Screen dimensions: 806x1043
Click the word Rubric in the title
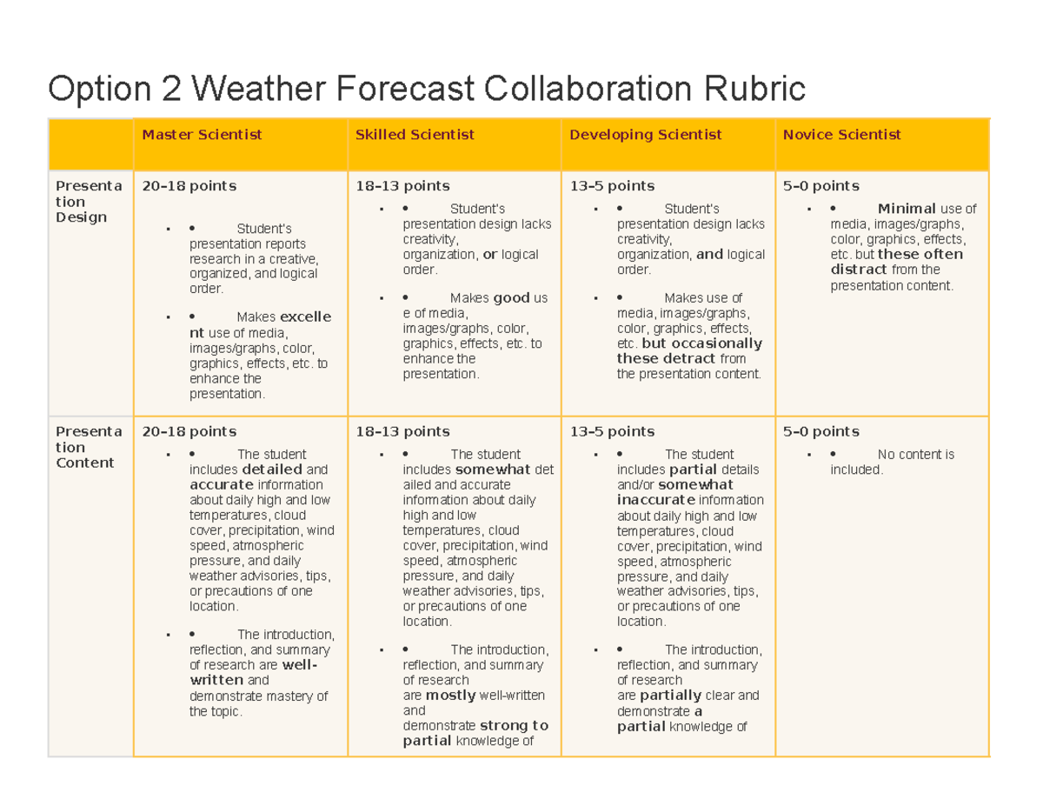coord(755,88)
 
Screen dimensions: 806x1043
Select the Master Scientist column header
coord(202,135)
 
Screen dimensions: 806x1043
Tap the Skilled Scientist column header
coord(415,135)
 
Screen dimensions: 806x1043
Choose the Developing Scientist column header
coord(645,135)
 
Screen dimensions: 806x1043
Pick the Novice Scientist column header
coord(841,135)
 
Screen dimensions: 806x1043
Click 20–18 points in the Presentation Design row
coord(189,186)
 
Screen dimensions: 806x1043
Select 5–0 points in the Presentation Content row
coord(820,432)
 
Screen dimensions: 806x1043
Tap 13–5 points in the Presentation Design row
coord(611,186)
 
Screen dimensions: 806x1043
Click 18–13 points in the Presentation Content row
coord(402,432)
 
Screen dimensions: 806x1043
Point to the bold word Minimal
coord(907,209)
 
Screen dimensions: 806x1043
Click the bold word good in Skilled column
coord(511,298)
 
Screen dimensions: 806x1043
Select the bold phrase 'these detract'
coord(666,358)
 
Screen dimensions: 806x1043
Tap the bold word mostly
coord(450,696)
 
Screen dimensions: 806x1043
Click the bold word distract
coord(858,270)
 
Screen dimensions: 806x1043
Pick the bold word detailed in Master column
coord(272,470)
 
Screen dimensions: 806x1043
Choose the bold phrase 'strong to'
coord(514,725)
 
